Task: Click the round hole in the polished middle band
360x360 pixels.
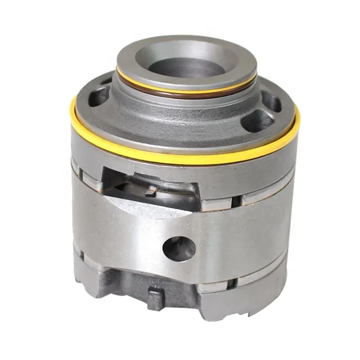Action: coord(179,247)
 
